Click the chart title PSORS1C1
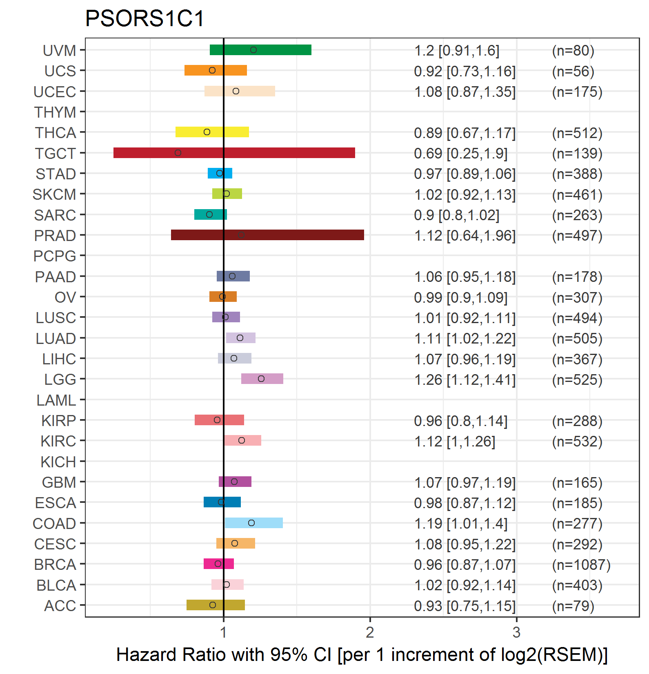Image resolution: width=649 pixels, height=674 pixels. tap(144, 18)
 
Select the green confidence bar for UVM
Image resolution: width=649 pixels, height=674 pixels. tap(260, 50)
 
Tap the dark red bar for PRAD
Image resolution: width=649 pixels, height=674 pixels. tap(267, 235)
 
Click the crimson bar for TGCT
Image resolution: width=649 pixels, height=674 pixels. tap(234, 153)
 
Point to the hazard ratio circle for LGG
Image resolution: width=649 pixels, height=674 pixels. tap(261, 379)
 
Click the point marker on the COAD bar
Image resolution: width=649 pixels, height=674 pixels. tap(251, 523)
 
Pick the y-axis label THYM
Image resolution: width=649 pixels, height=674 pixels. tap(55, 112)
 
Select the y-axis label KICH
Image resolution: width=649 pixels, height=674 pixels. tap(58, 462)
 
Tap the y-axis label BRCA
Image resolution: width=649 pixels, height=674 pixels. tap(55, 565)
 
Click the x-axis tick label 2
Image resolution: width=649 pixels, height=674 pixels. tap(370, 632)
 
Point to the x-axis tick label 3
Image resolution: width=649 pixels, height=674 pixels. tap(516, 632)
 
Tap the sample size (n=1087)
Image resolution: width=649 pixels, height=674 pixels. tap(581, 565)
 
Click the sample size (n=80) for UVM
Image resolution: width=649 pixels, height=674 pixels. tap(573, 51)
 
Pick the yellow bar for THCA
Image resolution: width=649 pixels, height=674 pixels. tap(212, 132)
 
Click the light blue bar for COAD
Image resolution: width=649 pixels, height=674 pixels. tap(254, 523)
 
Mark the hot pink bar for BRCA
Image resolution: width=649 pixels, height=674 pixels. tap(219, 564)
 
